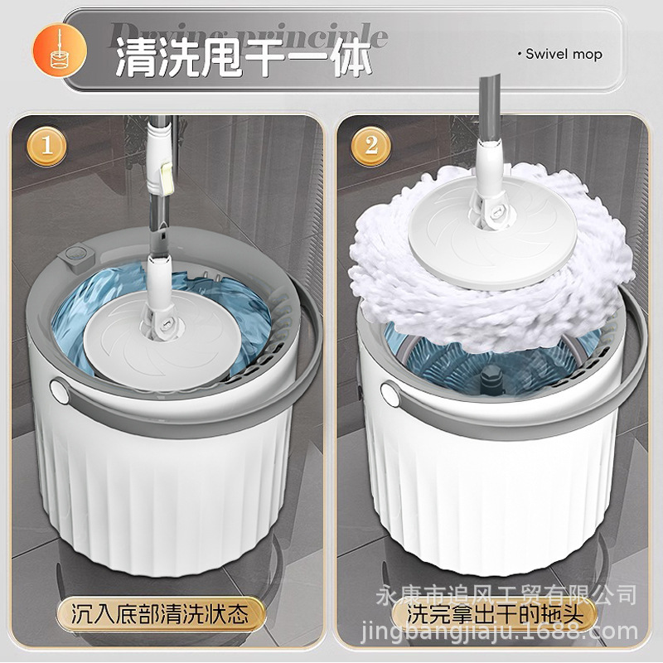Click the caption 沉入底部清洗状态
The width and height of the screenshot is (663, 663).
[x=159, y=615]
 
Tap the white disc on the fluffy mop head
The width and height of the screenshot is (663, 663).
[x=460, y=249]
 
